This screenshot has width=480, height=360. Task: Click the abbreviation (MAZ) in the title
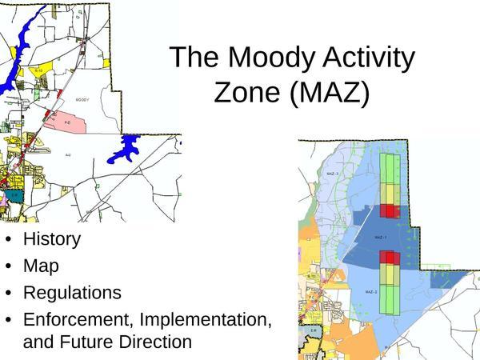[x=330, y=93]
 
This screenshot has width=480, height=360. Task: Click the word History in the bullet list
[x=52, y=238]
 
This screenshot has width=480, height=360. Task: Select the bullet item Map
[x=41, y=265]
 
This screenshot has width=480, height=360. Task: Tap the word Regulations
[x=72, y=292]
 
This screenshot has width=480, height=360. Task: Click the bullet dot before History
[x=8, y=239]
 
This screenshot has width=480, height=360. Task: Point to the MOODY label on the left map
[x=83, y=100]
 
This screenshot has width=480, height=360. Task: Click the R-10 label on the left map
[x=38, y=71]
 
